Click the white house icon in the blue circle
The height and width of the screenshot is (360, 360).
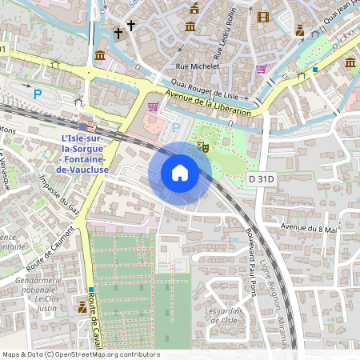[x=180, y=173]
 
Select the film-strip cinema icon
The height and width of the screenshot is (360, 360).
[x=264, y=15]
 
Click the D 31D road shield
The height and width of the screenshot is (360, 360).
[x=261, y=178]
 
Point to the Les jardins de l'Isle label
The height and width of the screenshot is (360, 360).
[x=223, y=316]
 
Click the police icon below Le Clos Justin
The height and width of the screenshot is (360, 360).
[x=82, y=307]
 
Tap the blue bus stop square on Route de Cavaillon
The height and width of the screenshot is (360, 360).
[x=92, y=290]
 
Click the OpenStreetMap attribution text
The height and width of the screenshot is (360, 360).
[x=80, y=354]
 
